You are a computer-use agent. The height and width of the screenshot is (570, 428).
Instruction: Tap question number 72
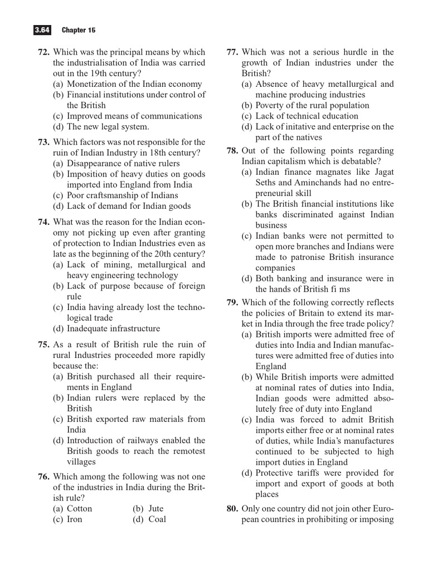44,52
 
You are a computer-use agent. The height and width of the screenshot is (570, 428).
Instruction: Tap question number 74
44,222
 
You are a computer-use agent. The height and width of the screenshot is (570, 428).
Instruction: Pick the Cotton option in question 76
79,509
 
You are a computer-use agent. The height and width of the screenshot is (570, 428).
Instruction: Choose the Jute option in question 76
155,509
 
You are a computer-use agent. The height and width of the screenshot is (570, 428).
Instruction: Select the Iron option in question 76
74,519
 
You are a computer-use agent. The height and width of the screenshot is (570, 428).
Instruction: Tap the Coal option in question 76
157,519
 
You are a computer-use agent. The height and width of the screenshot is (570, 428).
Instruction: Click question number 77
233,52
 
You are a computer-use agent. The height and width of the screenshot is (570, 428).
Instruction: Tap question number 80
233,509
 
